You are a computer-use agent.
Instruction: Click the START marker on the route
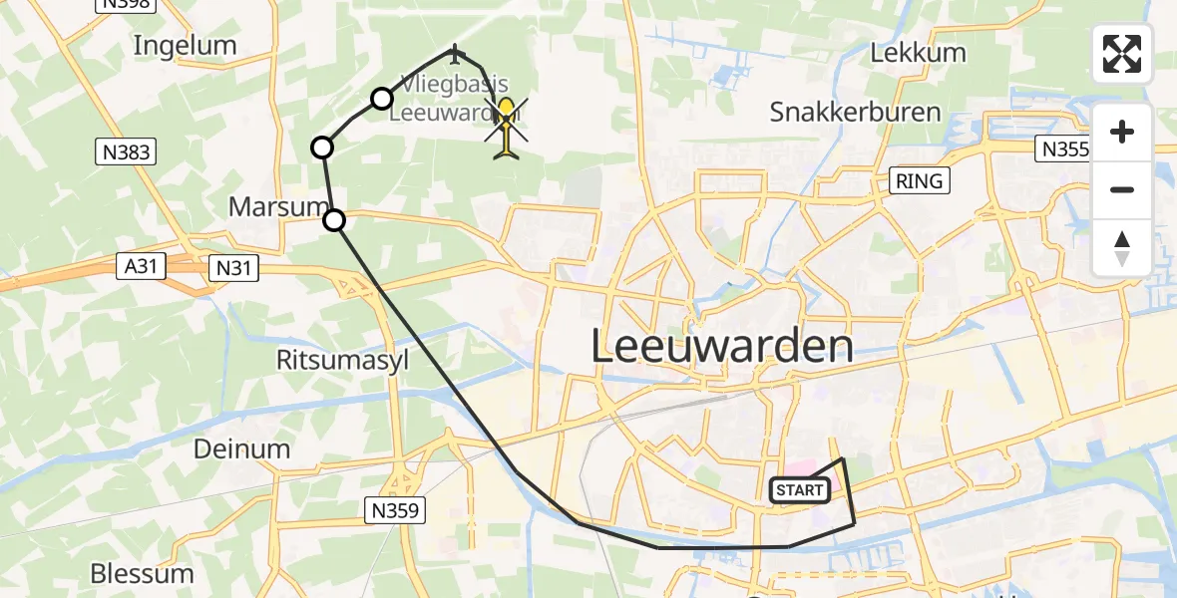click(799, 489)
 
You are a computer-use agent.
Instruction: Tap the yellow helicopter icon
click(507, 128)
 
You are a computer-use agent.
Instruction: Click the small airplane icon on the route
click(456, 51)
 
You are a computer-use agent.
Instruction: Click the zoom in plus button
click(1122, 133)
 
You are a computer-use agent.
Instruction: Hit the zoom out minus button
click(1122, 189)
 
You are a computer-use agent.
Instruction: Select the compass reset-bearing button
click(1122, 247)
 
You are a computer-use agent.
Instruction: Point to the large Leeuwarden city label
click(722, 347)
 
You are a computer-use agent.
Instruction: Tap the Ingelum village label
click(185, 45)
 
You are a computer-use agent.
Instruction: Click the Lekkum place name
click(918, 53)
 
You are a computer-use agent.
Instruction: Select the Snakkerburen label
click(855, 112)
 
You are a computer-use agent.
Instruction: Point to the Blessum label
click(142, 573)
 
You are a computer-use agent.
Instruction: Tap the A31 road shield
click(140, 266)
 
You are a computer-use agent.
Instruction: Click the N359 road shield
click(396, 510)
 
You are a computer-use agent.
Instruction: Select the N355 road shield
click(1063, 149)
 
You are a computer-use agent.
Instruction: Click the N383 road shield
click(126, 151)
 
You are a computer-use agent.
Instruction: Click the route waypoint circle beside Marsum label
click(334, 220)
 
